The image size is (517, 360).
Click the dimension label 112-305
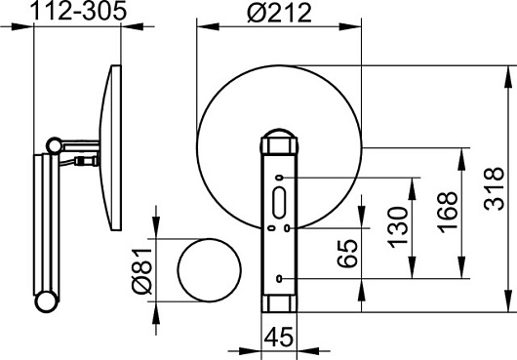(x=78, y=11)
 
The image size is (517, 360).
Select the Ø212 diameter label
(x=279, y=13)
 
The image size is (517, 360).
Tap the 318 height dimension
(x=494, y=188)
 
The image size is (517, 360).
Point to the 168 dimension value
(x=447, y=212)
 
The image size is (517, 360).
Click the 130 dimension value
(x=397, y=227)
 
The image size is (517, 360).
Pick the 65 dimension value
(x=347, y=254)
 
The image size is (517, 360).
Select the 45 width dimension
(x=279, y=337)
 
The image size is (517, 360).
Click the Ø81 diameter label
(x=141, y=270)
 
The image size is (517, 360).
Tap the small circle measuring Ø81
(x=210, y=270)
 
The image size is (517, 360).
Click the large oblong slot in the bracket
(x=279, y=202)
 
